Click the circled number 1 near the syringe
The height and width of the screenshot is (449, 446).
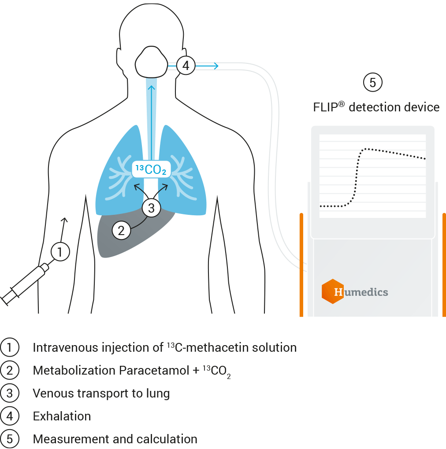[60, 252]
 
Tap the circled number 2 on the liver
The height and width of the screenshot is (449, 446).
[122, 230]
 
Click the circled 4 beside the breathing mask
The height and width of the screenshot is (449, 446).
[186, 66]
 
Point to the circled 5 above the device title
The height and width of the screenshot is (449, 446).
[372, 83]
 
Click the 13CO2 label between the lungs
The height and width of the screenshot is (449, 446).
[151, 169]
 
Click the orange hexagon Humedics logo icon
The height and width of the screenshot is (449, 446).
[333, 291]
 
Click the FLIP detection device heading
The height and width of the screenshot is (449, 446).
[376, 107]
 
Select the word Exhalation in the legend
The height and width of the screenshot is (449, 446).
[62, 416]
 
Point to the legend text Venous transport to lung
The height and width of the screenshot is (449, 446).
[101, 393]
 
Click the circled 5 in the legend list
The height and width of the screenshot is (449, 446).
[9, 439]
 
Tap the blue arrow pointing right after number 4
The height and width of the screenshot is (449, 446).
[207, 66]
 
